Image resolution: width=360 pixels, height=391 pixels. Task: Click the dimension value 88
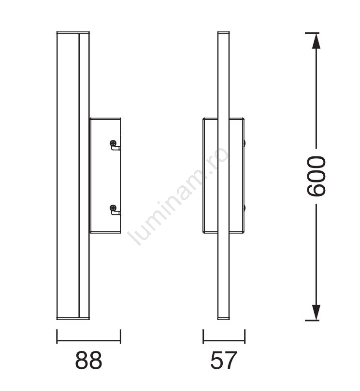coord(88,360)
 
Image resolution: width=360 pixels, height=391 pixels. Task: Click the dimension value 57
coord(223,360)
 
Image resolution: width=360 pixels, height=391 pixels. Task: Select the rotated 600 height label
coord(317,176)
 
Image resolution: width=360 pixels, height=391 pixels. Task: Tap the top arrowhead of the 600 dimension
coord(316,41)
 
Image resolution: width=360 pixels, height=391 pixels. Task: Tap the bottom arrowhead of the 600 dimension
coord(316,312)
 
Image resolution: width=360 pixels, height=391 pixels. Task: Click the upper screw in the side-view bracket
coord(113,143)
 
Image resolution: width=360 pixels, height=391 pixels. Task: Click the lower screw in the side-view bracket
coord(113,208)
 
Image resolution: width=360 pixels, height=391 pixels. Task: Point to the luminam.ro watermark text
coord(178,196)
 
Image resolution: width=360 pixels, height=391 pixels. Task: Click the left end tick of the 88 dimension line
coord(57,336)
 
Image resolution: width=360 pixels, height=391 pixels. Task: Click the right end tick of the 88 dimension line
coord(121,336)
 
